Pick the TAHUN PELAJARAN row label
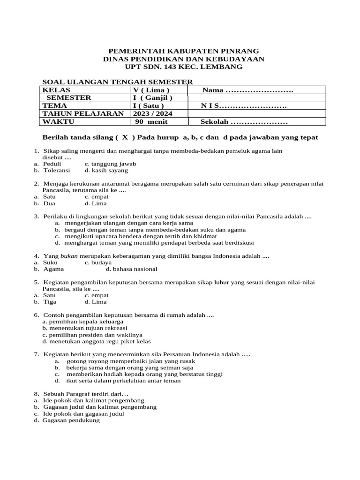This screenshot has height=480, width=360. [x=83, y=113]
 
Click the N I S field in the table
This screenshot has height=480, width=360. [x=244, y=106]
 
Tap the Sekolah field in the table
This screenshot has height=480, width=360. [x=244, y=122]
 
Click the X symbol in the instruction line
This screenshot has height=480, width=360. [x=125, y=138]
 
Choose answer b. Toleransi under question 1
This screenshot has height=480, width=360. [x=56, y=171]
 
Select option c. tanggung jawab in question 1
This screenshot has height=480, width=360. [x=110, y=164]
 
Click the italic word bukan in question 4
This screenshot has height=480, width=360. [x=69, y=256]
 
